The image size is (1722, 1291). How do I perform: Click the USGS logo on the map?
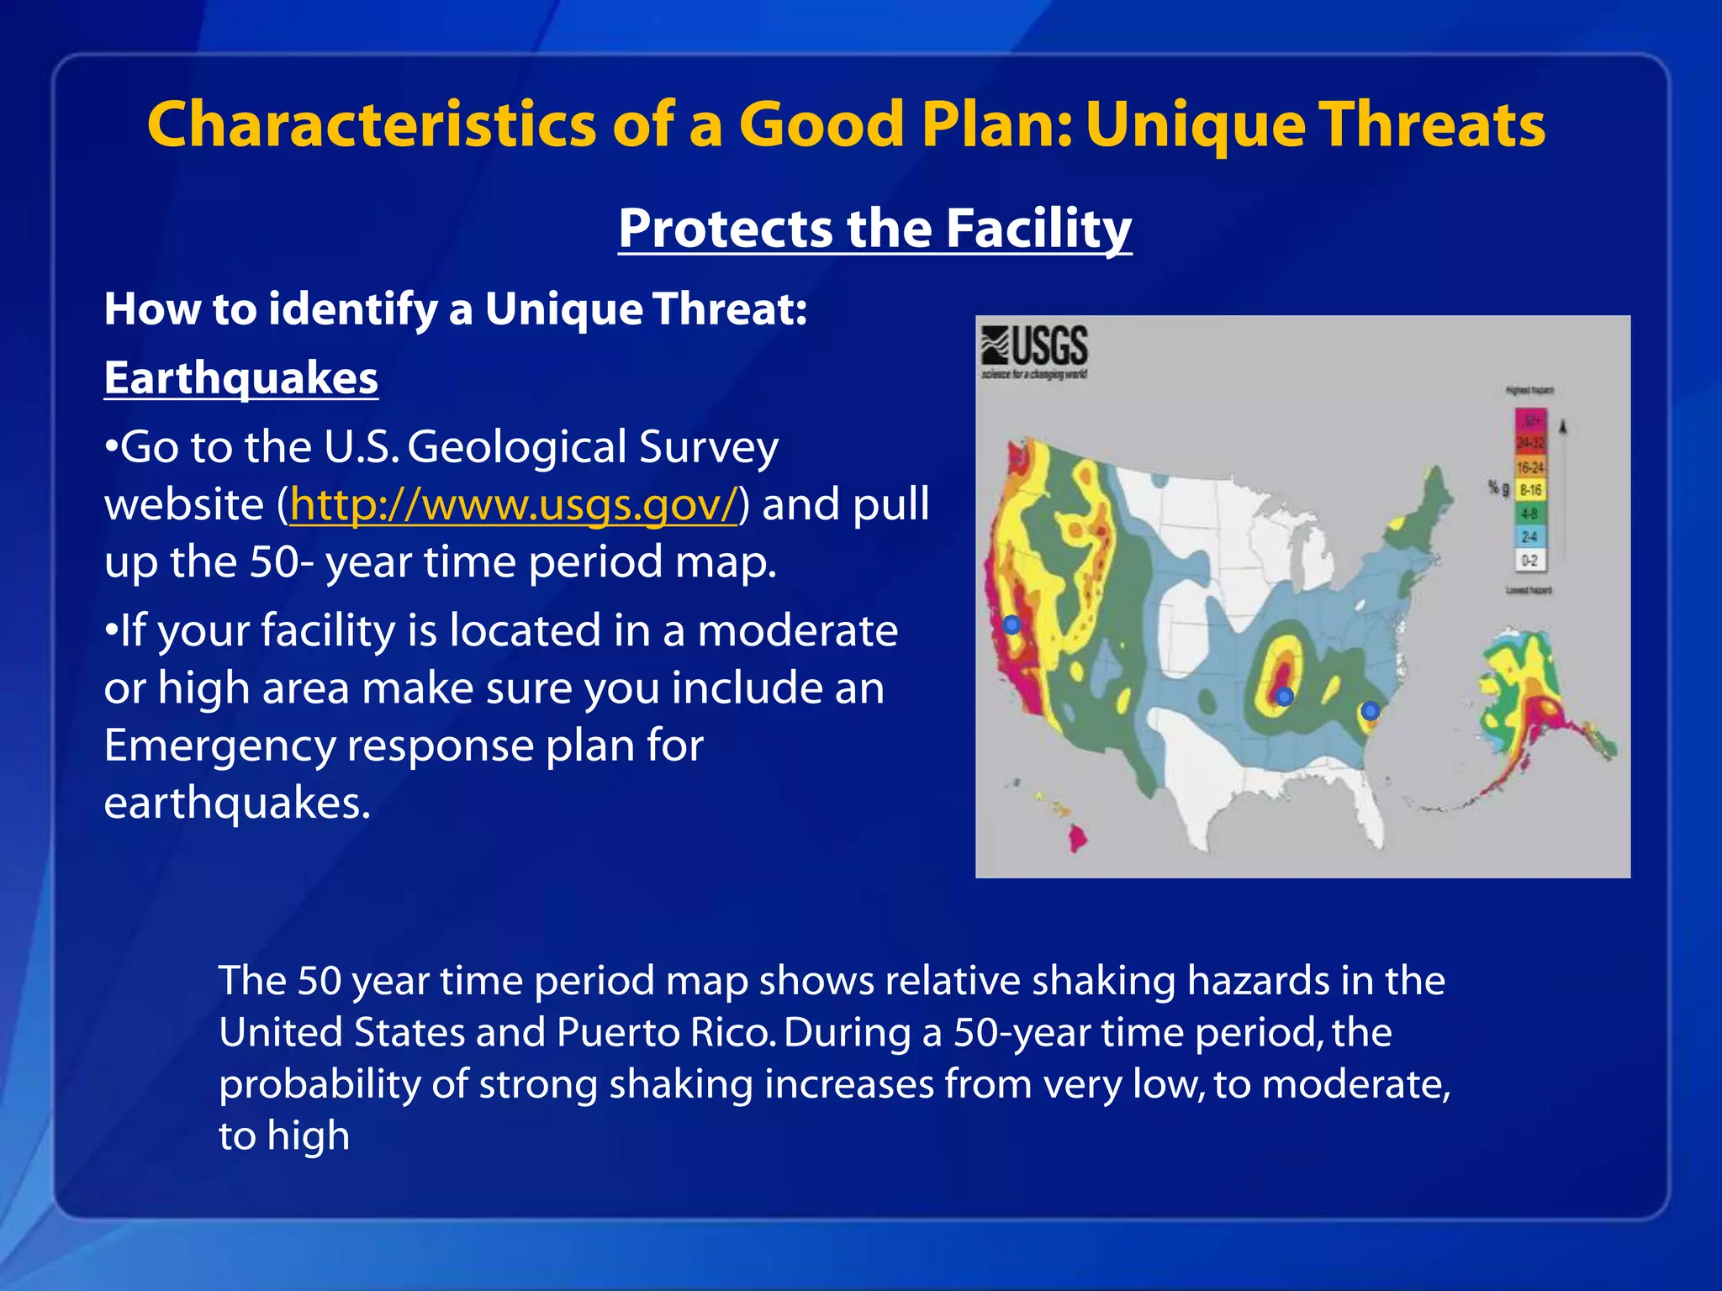point(1035,351)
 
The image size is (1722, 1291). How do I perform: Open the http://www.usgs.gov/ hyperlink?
point(513,504)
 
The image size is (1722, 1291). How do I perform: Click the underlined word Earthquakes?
point(240,378)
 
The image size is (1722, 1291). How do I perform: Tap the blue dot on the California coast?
point(1012,624)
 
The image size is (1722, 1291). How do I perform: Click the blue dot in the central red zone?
point(1284,696)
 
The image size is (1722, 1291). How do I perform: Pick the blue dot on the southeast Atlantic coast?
point(1370,710)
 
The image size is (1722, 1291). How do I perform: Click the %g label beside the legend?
point(1498,488)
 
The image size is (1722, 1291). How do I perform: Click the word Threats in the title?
point(1430,124)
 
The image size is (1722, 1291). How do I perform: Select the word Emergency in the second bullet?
point(220,746)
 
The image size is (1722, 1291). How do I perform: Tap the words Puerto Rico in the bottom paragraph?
point(665,1032)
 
